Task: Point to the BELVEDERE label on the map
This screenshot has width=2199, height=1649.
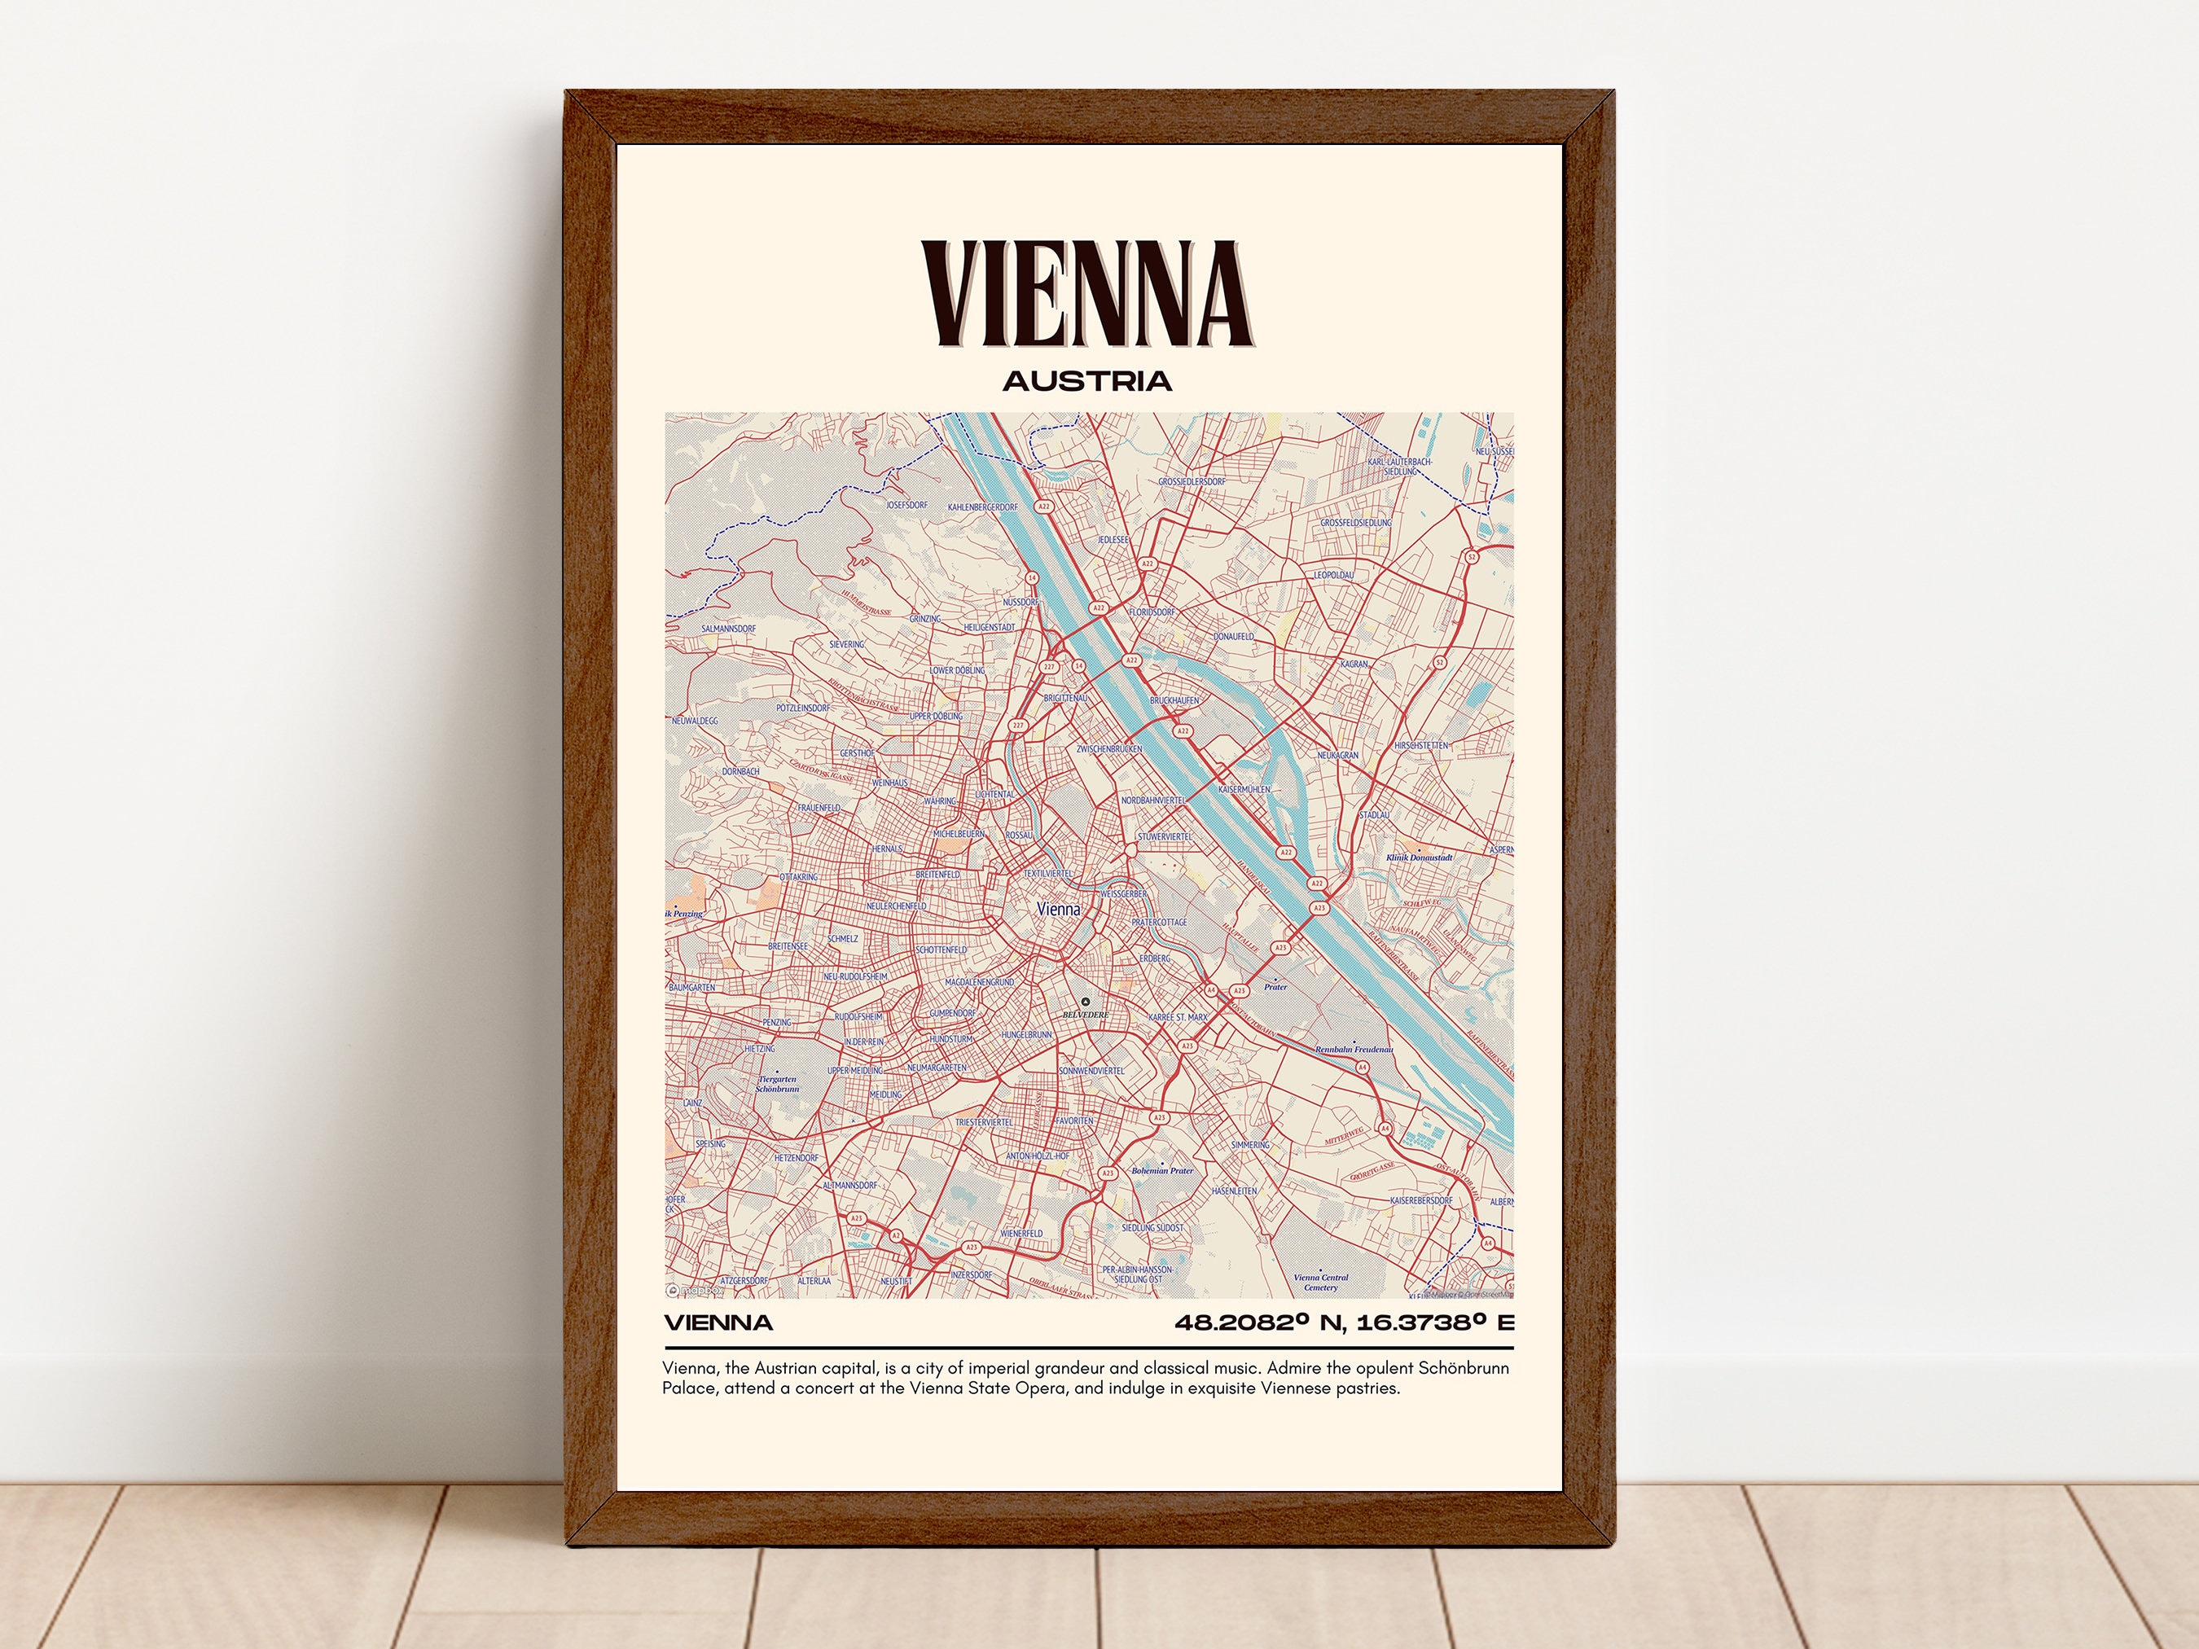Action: (x=1085, y=1015)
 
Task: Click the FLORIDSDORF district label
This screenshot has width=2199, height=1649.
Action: (x=1152, y=612)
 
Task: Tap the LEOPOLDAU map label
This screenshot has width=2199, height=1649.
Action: (x=1333, y=576)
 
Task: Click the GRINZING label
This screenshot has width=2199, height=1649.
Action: (x=924, y=619)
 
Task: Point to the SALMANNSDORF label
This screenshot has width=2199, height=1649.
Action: (x=729, y=629)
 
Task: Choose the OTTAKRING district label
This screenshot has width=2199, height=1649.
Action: (x=798, y=878)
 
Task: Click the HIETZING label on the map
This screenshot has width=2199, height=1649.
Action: (x=760, y=1049)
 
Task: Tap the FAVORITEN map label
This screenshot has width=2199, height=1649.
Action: (x=1074, y=1121)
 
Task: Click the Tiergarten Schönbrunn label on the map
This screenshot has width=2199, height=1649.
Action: (x=778, y=1083)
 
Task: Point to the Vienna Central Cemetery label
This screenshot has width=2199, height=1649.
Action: (x=1320, y=1283)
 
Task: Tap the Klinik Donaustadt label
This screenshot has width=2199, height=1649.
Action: (x=1420, y=857)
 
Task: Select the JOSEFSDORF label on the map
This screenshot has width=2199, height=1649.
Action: (x=906, y=505)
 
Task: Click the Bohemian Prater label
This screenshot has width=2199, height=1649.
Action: (x=1162, y=1171)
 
